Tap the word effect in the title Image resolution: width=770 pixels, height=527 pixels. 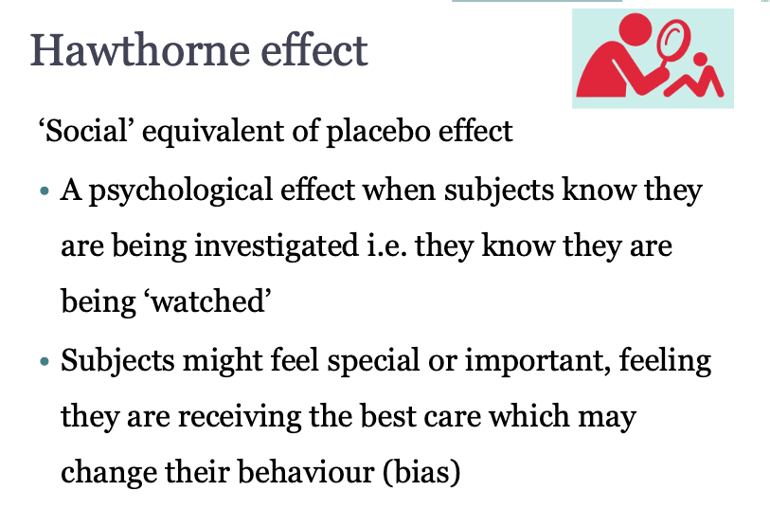coord(314,49)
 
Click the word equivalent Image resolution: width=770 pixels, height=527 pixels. coord(212,132)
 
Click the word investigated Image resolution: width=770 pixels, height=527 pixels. coord(277,246)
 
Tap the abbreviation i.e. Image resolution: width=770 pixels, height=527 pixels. coord(387,246)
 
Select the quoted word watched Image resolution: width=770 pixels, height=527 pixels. coord(207,300)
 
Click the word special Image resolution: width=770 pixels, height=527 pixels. coord(374,361)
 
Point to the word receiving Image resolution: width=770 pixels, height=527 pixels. coord(240,417)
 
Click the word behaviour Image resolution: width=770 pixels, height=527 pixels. coord(307,472)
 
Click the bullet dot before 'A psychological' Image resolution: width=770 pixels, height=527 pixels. coord(45,191)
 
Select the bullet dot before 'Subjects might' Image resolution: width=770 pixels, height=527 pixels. coord(45,362)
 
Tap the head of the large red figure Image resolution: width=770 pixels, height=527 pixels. coord(636,29)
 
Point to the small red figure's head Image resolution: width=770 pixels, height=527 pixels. coord(700,59)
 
